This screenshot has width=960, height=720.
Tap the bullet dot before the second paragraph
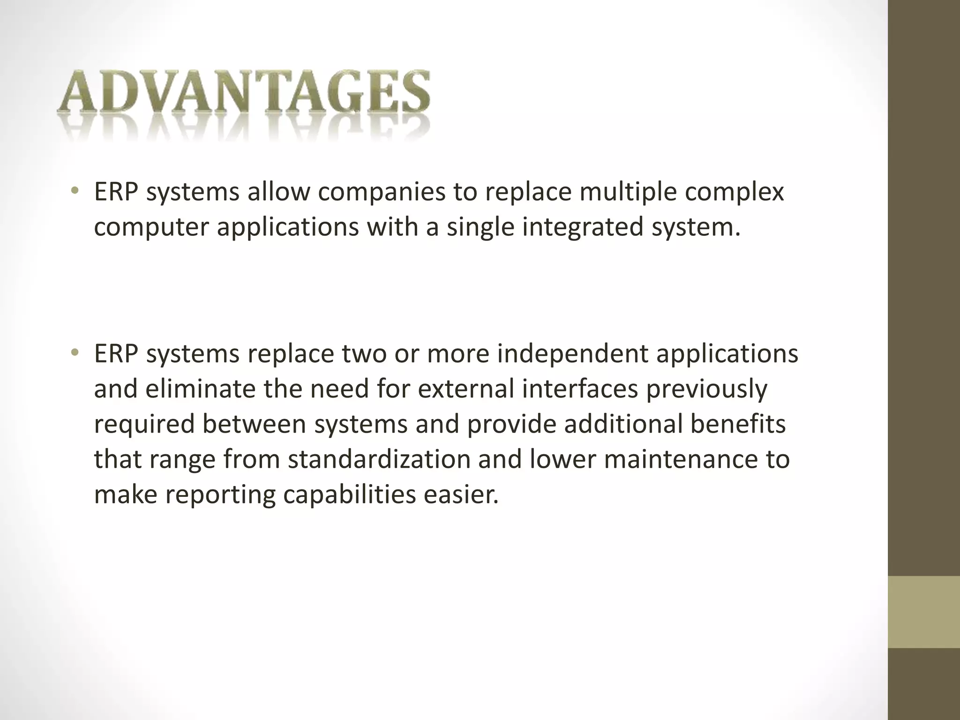coord(74,353)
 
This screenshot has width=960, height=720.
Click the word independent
coord(572,354)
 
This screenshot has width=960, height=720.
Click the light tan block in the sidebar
coord(924,612)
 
